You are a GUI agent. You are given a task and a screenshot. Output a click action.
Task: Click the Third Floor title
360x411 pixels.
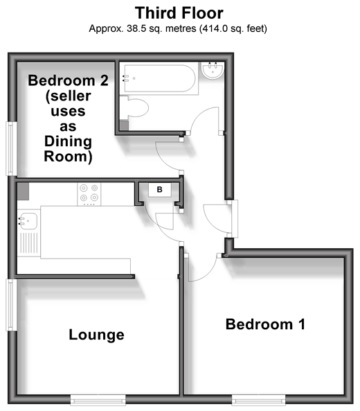pyautogui.click(x=179, y=13)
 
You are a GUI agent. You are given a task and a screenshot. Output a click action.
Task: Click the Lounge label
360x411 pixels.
pyautogui.click(x=96, y=335)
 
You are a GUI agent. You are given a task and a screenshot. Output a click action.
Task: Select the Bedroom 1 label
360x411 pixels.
pyautogui.click(x=265, y=324)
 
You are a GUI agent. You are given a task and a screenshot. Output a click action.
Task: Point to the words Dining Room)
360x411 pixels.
pyautogui.click(x=68, y=149)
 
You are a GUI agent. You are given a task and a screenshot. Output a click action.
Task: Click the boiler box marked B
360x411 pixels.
pyautogui.click(x=160, y=189)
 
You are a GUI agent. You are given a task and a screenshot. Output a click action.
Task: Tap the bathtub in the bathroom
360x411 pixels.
pyautogui.click(x=160, y=78)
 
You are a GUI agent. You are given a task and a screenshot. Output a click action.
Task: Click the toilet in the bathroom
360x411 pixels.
pyautogui.click(x=134, y=107)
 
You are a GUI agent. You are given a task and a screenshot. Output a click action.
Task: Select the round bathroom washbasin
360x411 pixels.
pyautogui.click(x=213, y=70)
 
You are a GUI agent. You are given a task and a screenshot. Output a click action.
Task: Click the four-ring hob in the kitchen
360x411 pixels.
pyautogui.click(x=89, y=194)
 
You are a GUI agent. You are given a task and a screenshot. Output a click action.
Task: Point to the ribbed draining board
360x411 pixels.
pyautogui.click(x=29, y=243)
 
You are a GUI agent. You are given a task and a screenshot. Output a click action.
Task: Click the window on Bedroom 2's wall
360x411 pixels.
pyautogui.click(x=11, y=148)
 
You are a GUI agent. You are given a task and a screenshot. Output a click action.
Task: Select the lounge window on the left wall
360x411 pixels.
pyautogui.click(x=10, y=305)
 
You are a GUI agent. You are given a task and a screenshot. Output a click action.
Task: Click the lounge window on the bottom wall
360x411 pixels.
pyautogui.click(x=98, y=400)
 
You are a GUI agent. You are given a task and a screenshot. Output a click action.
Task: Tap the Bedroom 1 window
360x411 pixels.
pyautogui.click(x=258, y=400)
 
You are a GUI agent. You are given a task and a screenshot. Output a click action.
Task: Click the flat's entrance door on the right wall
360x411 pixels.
pyautogui.click(x=235, y=218)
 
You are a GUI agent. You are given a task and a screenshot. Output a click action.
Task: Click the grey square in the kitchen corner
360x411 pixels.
pyautogui.click(x=23, y=191)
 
